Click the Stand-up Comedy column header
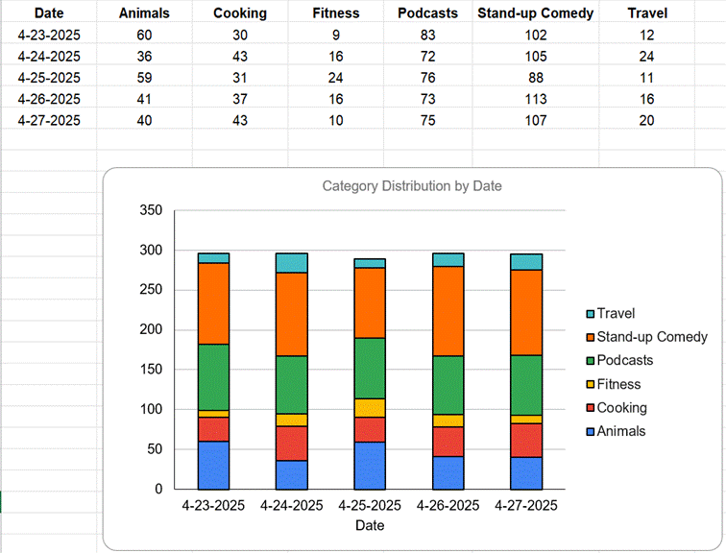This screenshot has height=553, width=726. [535, 13]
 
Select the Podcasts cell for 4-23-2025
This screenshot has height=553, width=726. [427, 36]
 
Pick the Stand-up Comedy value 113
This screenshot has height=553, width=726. [535, 99]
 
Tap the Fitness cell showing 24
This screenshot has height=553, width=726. [336, 78]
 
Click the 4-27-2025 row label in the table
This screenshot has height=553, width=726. [49, 120]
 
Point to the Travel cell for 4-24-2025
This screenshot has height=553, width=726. [646, 57]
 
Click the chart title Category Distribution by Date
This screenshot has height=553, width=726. [412, 186]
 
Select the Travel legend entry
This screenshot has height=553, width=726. [615, 314]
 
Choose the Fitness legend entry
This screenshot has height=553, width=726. [617, 384]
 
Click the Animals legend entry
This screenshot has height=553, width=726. [620, 431]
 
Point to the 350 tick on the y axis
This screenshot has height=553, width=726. [150, 210]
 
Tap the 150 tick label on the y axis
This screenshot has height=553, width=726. [150, 370]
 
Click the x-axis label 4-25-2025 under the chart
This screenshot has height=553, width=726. [370, 506]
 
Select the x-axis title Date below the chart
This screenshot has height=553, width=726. [370, 525]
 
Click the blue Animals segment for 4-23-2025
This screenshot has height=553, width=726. [213, 465]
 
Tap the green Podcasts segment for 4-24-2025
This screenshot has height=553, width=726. [291, 385]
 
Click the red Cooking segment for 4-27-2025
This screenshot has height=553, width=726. [525, 440]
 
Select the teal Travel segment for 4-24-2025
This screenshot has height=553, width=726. [291, 263]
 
